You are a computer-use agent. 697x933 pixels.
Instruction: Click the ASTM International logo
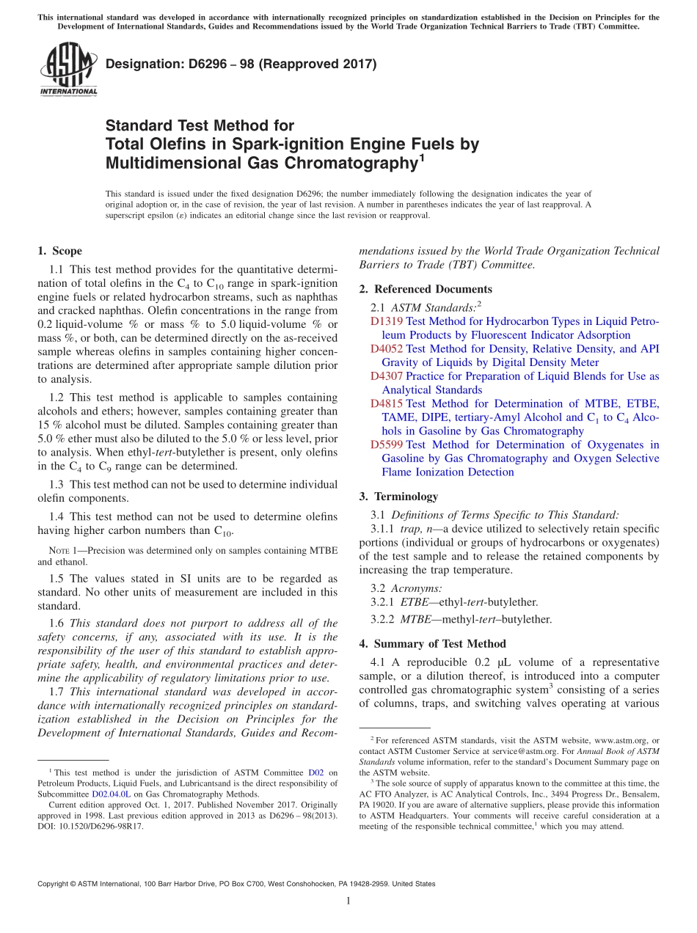pyautogui.click(x=68, y=68)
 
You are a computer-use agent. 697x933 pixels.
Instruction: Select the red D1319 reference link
pyautogui.click(x=386, y=321)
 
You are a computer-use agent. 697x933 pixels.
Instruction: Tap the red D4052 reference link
pyautogui.click(x=386, y=349)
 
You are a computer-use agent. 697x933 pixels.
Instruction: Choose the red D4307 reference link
pyautogui.click(x=386, y=376)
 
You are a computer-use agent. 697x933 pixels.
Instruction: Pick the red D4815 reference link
pyautogui.click(x=386, y=403)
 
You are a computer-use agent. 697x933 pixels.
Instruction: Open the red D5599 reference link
pyautogui.click(x=386, y=444)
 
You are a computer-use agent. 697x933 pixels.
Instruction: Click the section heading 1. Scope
pyautogui.click(x=59, y=251)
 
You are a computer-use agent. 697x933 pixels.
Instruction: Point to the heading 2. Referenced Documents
pyautogui.click(x=426, y=289)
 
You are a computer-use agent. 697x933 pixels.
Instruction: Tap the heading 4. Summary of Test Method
pyautogui.click(x=432, y=644)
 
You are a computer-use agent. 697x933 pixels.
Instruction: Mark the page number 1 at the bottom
pyautogui.click(x=348, y=901)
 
